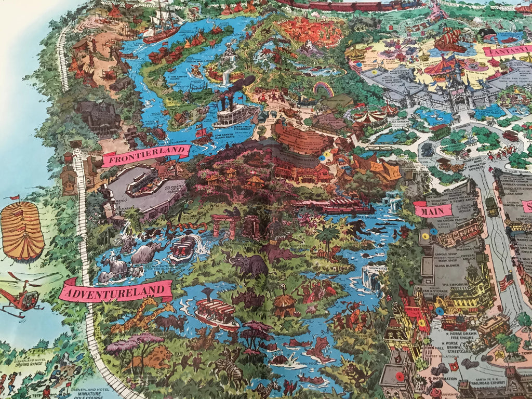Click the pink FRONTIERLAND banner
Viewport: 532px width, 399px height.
pos(146,155)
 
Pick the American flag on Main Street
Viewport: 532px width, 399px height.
pos(504,284)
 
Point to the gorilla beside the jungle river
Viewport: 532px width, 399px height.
pos(358,228)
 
